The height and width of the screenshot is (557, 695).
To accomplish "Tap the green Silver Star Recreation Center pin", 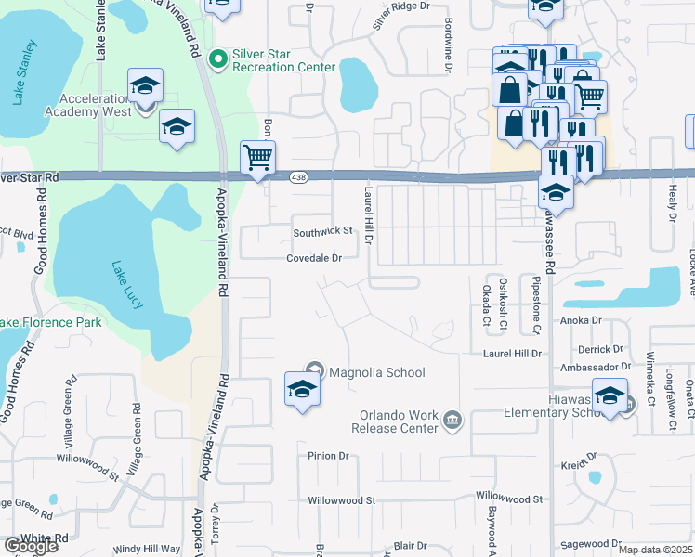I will [x=218, y=60].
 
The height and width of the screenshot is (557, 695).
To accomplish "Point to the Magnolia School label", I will [x=377, y=372].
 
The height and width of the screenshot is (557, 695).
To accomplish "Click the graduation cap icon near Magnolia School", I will [x=302, y=389].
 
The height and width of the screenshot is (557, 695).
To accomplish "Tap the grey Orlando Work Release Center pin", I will [x=452, y=421].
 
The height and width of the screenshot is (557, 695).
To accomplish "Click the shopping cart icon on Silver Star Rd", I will [x=257, y=157].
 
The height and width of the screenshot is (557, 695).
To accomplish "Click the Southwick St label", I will [x=323, y=230].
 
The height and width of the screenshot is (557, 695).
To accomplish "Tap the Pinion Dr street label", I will [x=328, y=456].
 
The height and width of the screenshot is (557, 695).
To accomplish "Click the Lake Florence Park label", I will [x=51, y=322].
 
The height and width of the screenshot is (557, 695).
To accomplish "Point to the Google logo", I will [x=31, y=546].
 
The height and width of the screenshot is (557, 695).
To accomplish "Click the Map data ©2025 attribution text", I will [x=656, y=550].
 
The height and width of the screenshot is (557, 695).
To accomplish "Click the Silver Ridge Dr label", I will [x=402, y=16].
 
